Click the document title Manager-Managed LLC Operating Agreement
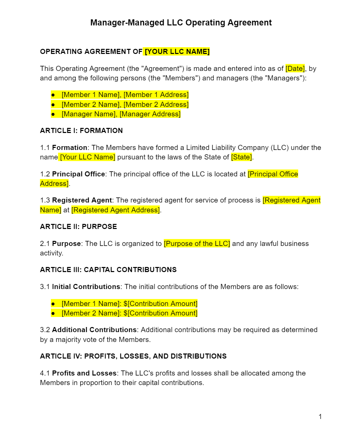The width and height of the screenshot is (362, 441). (x=181, y=23)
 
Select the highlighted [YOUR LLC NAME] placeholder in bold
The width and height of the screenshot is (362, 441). (x=177, y=52)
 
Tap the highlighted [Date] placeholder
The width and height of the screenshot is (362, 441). (x=295, y=69)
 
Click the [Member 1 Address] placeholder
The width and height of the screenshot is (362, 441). (x=156, y=95)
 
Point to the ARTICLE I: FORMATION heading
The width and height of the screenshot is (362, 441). (x=81, y=131)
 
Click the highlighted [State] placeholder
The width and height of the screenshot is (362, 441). (x=242, y=157)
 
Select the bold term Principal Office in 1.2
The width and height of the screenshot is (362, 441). (x=78, y=174)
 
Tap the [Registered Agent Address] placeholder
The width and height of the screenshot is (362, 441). (x=116, y=210)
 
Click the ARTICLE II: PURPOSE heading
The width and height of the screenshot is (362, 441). (x=78, y=227)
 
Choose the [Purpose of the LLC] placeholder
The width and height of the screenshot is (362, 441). (x=197, y=244)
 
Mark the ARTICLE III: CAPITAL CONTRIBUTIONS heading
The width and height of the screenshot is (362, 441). (x=108, y=270)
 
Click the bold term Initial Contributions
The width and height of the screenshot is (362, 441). (x=86, y=287)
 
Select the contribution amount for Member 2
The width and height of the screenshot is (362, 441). (x=160, y=313)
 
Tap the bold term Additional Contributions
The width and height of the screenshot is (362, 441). (x=94, y=330)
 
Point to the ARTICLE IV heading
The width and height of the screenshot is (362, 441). (x=133, y=356)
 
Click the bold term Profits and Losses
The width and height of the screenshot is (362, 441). (x=84, y=373)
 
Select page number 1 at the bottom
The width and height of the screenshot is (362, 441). (x=320, y=417)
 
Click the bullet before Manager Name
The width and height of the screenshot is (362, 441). (x=53, y=114)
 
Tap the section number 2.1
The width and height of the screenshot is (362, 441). (x=45, y=244)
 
